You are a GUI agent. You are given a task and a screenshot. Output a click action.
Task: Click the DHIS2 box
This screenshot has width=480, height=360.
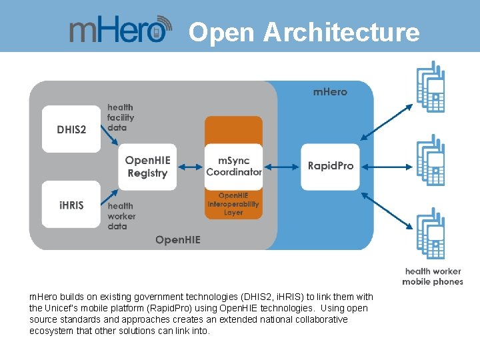point(71,129)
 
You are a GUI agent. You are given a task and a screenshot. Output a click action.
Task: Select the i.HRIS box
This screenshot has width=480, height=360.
point(71,205)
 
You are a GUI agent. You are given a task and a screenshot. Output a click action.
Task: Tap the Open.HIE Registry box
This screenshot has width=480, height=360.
point(148,167)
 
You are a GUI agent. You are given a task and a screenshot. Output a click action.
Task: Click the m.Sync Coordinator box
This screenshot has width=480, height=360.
point(233,167)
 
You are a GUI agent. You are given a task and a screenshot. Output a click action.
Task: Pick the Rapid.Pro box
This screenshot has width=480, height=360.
point(331,166)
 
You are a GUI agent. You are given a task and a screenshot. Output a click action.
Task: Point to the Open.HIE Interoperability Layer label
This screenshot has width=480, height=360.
point(233,204)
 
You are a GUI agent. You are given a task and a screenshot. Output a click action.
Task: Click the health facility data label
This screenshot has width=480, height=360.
point(121,117)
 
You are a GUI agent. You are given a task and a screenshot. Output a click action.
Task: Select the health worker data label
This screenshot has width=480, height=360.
point(121,216)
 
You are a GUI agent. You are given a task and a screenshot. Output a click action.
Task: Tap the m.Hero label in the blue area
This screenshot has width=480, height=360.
point(330,91)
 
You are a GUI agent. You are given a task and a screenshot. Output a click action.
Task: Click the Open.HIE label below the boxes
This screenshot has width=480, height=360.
point(177,240)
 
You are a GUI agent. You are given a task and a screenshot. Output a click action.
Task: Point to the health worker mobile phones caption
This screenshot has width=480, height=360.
point(433,276)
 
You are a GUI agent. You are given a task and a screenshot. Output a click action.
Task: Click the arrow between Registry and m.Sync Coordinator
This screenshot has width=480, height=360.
point(191,167)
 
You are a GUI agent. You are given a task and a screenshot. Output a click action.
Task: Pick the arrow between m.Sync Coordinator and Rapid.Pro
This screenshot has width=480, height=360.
point(281,167)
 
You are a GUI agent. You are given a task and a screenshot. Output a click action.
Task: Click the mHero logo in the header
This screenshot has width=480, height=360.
point(120,30)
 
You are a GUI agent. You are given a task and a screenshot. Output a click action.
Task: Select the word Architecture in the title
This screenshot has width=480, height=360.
point(341,32)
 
